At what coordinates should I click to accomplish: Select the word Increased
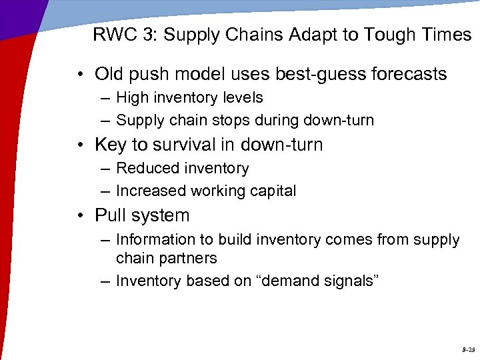pyautogui.click(x=151, y=191)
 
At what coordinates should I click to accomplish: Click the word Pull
pyautogui.click(x=110, y=215)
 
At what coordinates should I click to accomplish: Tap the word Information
pyautogui.click(x=156, y=239)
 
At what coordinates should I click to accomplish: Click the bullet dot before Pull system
pyautogui.click(x=83, y=216)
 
